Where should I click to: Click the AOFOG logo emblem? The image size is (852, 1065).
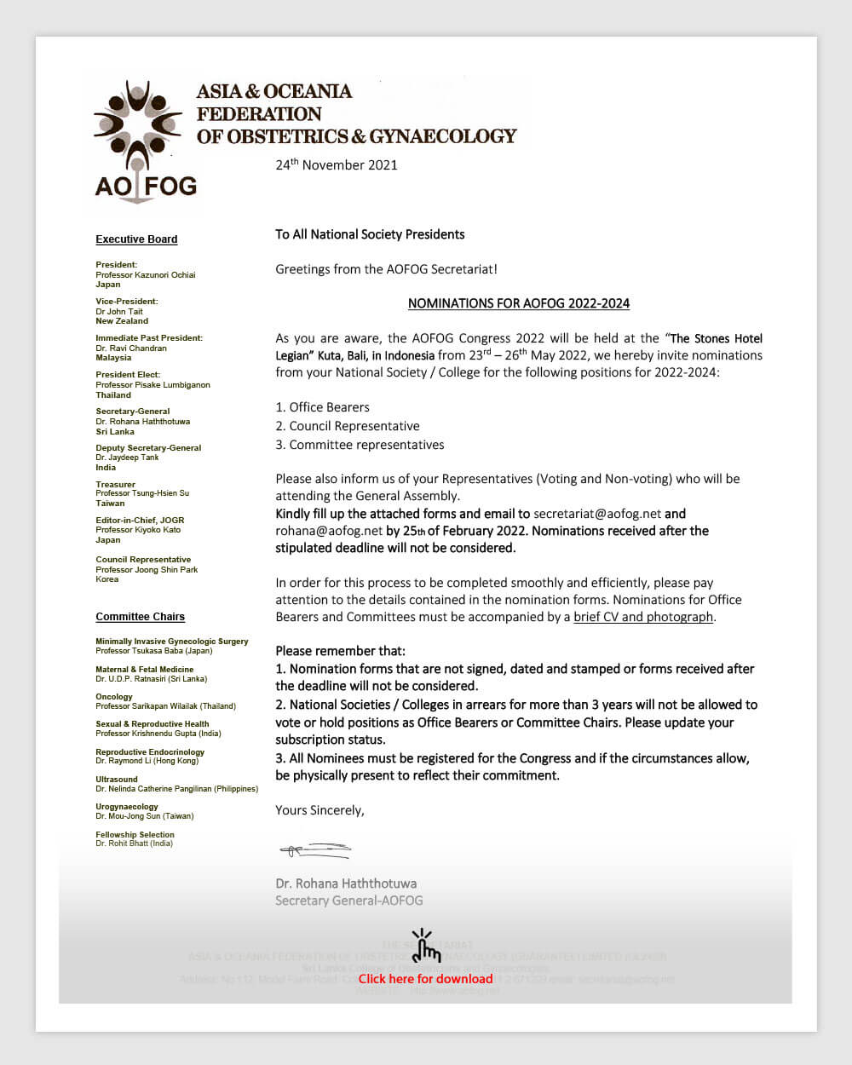tap(138, 126)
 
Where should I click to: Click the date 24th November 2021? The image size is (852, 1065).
tap(337, 164)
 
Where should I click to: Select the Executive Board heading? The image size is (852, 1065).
tap(136, 239)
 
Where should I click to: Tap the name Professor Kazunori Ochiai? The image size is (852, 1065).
tap(146, 274)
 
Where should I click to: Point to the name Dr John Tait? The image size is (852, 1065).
tap(119, 311)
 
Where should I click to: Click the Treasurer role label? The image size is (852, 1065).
tap(116, 484)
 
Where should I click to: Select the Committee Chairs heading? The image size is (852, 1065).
tap(140, 617)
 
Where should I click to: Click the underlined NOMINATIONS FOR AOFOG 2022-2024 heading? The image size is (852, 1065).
tap(518, 303)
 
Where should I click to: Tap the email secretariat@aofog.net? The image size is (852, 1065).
tap(597, 514)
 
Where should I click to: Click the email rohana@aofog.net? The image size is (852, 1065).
tap(329, 531)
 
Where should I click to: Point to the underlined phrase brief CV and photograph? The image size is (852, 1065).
tap(643, 617)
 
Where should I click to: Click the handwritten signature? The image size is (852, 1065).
tap(314, 849)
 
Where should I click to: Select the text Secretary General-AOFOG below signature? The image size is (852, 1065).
tap(348, 901)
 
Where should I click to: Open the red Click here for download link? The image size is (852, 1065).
tap(425, 979)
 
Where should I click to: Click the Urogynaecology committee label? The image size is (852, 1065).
tap(127, 807)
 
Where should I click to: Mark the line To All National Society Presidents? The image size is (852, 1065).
tap(370, 234)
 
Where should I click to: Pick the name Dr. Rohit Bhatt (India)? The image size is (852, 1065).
tap(134, 843)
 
